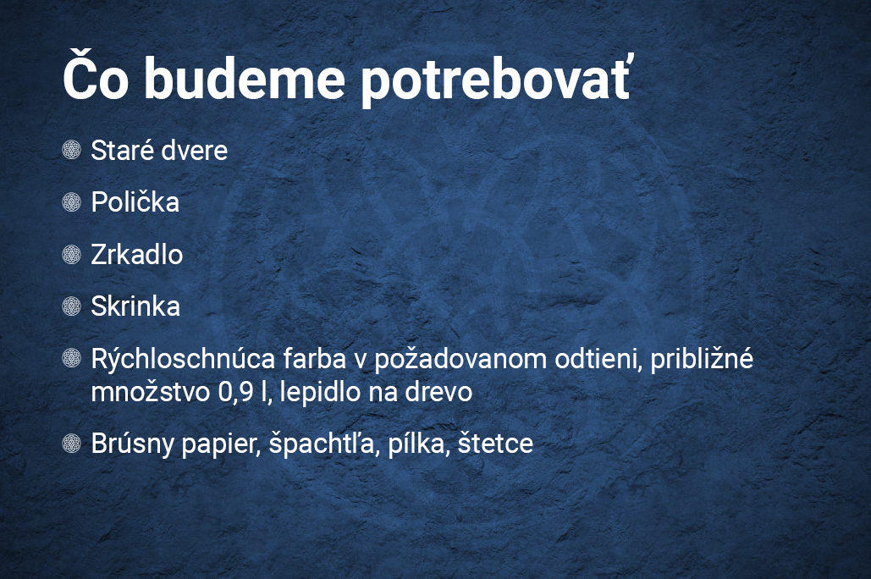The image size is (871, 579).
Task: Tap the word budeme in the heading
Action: (x=245, y=77)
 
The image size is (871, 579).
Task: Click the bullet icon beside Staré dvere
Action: (x=72, y=150)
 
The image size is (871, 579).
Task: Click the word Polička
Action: (x=135, y=201)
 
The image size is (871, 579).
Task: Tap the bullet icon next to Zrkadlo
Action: (x=72, y=254)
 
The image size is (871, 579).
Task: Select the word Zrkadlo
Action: (x=136, y=255)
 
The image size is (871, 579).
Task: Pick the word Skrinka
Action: (x=135, y=306)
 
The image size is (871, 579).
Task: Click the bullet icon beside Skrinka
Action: (x=72, y=306)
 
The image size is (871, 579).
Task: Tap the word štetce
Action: (x=495, y=444)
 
